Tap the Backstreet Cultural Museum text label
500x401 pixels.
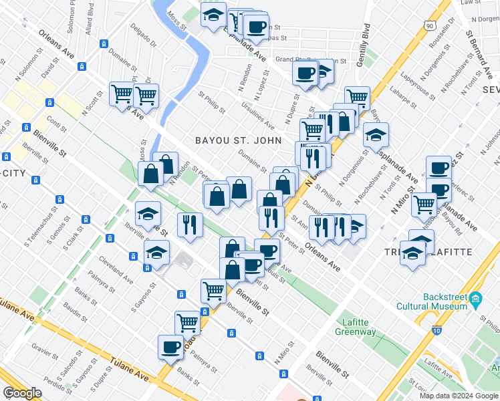pyautogui.click(x=445, y=301)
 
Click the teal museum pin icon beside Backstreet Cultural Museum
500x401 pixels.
pyautogui.click(x=475, y=297)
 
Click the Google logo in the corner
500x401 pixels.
pyautogui.click(x=22, y=393)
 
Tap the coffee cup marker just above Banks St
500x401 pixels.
pyautogui.click(x=170, y=347)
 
